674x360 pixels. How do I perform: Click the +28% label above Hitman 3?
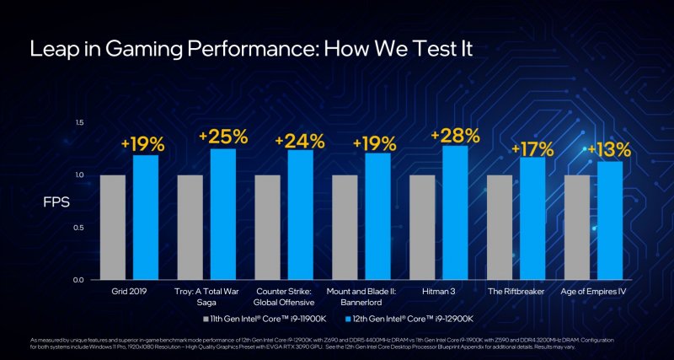[455, 136]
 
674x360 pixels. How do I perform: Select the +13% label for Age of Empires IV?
[609, 150]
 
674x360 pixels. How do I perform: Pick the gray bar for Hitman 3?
[422, 228]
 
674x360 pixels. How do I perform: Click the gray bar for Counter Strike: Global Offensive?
[267, 228]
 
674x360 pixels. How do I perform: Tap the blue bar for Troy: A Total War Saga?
[223, 215]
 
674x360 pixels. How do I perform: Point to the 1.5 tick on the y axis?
[80, 123]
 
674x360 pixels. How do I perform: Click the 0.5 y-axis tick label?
[80, 228]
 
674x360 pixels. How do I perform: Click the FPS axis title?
[56, 203]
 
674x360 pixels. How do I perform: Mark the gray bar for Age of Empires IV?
[577, 228]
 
